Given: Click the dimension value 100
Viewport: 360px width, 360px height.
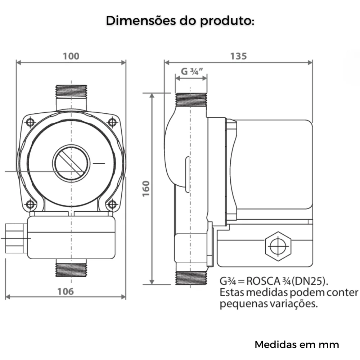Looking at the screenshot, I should pyautogui.click(x=71, y=56).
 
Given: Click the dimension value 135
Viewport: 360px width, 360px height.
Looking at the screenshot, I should pyautogui.click(x=238, y=56).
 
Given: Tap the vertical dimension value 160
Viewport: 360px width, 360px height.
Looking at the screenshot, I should pyautogui.click(x=146, y=188).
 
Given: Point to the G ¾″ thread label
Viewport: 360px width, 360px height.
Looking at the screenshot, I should pyautogui.click(x=190, y=71).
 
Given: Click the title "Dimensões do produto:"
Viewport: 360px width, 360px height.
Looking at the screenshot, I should pyautogui.click(x=180, y=21).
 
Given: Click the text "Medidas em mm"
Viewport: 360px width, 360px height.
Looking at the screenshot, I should pyautogui.click(x=297, y=345).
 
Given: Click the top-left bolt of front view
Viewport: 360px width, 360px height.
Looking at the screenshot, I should pyautogui.click(x=30, y=122).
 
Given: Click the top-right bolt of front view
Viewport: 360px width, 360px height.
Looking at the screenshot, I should pyautogui.click(x=113, y=122).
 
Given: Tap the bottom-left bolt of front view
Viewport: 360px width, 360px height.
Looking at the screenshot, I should pyautogui.click(x=30, y=204).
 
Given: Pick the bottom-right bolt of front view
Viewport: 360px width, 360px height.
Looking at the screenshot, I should pyautogui.click(x=113, y=204).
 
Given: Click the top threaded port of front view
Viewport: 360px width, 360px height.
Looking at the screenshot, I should pyautogui.click(x=71, y=91).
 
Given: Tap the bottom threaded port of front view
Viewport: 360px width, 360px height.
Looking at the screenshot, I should pyautogui.click(x=71, y=269).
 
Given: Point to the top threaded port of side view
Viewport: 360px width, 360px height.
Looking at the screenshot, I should pyautogui.click(x=190, y=99).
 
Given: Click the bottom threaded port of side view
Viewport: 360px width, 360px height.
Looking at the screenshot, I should pyautogui.click(x=190, y=278).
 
